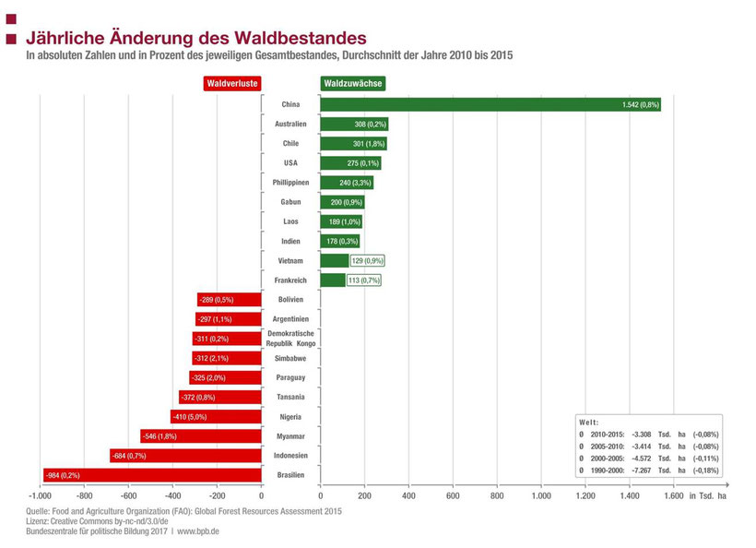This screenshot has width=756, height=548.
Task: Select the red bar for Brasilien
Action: (152, 475)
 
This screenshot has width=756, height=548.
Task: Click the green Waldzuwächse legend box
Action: (352, 83)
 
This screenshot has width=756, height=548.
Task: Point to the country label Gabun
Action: (291, 202)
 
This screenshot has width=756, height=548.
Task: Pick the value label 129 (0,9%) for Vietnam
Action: (367, 261)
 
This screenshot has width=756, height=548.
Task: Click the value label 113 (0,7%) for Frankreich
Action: (363, 280)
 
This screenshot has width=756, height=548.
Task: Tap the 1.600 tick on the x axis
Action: (673, 496)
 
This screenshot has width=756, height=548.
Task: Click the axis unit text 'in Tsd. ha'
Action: (709, 496)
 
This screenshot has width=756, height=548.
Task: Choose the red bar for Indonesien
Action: (185, 456)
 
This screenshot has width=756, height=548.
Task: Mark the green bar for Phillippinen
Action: (347, 183)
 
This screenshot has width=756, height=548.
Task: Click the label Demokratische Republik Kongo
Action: (290, 338)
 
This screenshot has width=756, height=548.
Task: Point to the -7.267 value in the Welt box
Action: (627, 470)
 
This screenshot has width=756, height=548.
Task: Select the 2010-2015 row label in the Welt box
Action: (607, 434)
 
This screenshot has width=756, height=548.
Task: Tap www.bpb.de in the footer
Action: (199, 531)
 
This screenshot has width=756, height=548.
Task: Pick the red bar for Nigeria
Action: (216, 416)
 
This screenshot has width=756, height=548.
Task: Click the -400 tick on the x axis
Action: (172, 496)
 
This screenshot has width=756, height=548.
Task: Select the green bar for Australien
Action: (354, 125)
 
